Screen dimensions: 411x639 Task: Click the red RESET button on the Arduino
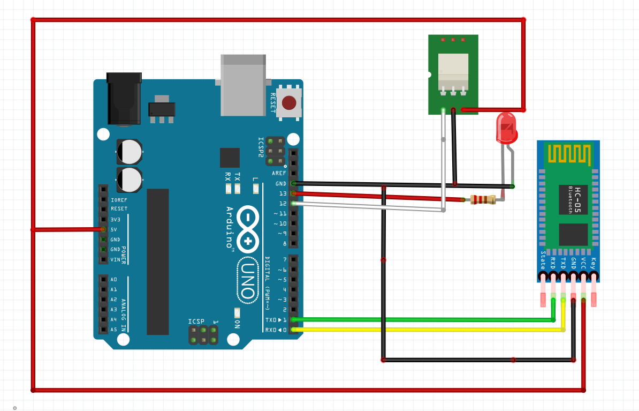point(289,102)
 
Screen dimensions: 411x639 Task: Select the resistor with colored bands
point(483,200)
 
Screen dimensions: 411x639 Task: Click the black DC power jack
point(124,99)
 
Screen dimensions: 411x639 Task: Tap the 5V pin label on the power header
point(114,229)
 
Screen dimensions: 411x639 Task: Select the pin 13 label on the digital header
point(282,193)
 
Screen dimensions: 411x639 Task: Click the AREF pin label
point(279,173)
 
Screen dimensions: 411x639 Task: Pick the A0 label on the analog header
point(113,279)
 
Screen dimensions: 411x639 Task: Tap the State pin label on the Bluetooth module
point(543,260)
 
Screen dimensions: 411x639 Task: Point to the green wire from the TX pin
point(423,320)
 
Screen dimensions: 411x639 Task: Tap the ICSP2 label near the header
point(261,146)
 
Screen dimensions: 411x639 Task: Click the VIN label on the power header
point(115,259)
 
